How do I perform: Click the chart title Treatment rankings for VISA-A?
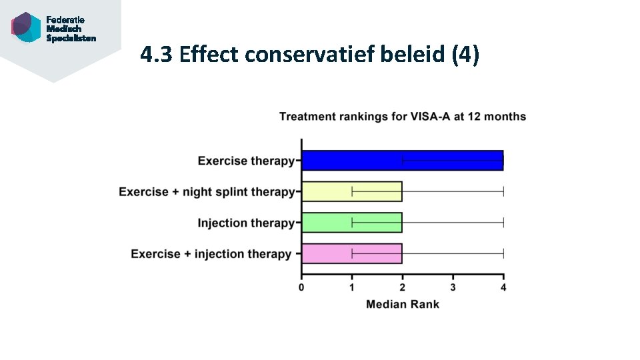[402, 117]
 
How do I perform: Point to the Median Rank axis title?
[402, 304]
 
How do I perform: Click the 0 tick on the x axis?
[301, 287]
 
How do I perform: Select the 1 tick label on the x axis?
[352, 287]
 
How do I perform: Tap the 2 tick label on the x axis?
[402, 287]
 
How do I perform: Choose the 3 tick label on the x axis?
[453, 287]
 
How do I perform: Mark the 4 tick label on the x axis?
[503, 287]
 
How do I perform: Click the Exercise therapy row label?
[245, 161]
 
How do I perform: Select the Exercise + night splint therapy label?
[206, 192]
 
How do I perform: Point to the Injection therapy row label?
[245, 223]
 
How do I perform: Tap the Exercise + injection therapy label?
[211, 254]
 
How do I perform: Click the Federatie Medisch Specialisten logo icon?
[26, 27]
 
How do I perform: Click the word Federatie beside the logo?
[65, 20]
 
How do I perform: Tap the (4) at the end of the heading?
[465, 55]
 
